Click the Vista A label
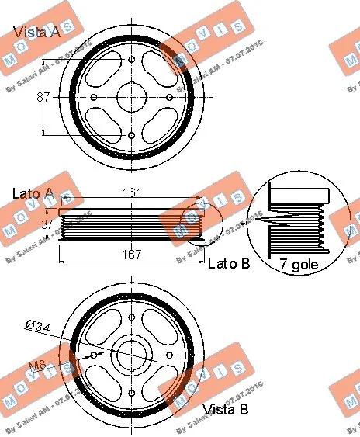pos(36,33)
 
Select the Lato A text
pos(33,192)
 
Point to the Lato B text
pos(229,264)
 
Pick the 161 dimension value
pos(131,191)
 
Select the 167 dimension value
pos(130,253)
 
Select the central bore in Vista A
pos(131,97)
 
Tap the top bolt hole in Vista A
pos(131,59)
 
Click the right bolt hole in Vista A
pos(169,97)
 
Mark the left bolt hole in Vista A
pos(94,97)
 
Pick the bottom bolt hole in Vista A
pos(131,135)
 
